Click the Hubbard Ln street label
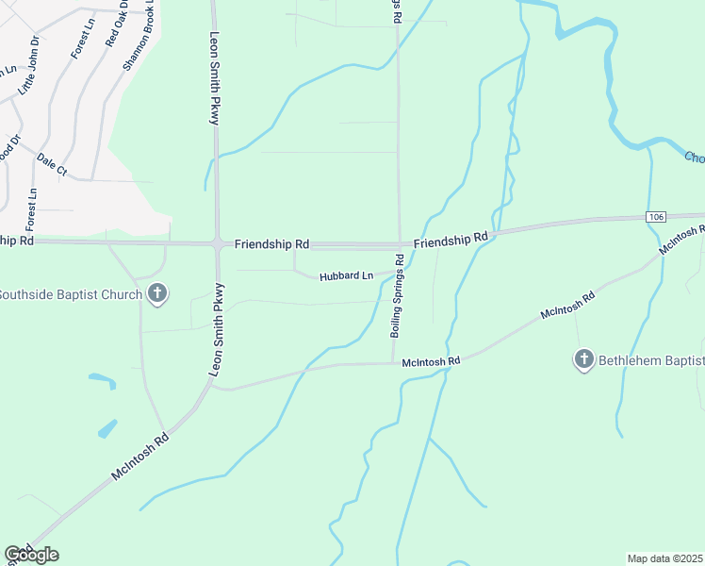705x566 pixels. (346, 276)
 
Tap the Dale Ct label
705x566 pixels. (52, 164)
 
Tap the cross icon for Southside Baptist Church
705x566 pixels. (157, 294)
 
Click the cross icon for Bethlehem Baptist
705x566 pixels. (584, 359)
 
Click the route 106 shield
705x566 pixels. (656, 217)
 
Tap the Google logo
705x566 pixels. (31, 555)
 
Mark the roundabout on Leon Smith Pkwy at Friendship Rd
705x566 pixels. (217, 243)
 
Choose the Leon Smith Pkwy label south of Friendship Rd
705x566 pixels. (217, 330)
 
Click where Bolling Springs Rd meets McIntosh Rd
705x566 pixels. (393, 361)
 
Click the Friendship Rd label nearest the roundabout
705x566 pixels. (272, 244)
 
